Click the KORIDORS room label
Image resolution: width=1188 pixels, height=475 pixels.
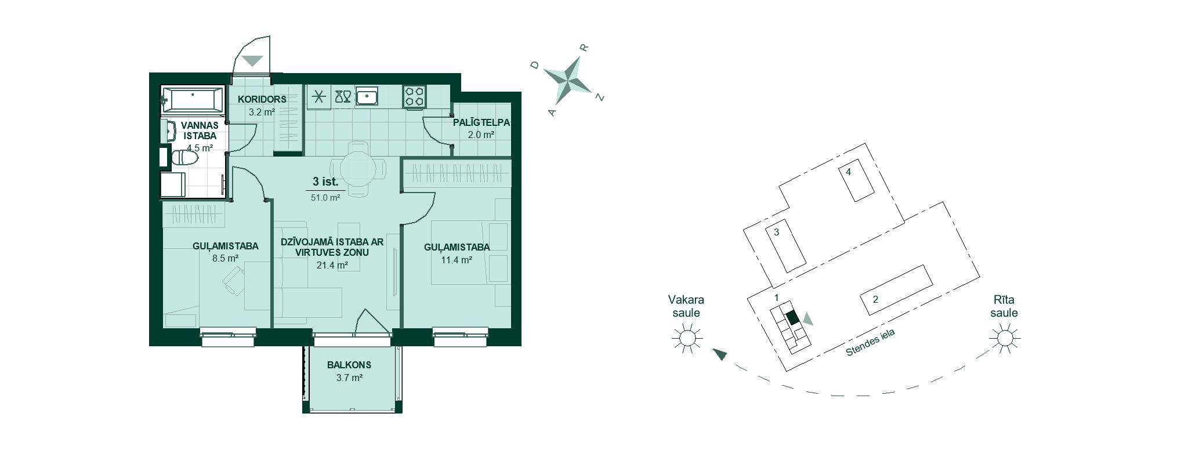point(262,99)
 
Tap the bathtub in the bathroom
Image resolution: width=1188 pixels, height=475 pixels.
point(192,100)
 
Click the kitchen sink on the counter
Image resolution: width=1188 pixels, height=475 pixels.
point(367,97)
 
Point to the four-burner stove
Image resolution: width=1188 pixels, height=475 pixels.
point(415,96)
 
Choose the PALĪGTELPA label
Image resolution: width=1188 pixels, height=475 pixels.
point(481,122)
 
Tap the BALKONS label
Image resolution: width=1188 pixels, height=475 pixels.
point(349,365)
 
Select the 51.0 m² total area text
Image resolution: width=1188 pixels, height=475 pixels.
point(325,197)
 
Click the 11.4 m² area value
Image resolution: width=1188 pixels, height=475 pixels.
point(457,260)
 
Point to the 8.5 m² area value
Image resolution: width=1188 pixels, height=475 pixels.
point(226,259)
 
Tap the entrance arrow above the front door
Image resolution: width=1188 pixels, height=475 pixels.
point(252,60)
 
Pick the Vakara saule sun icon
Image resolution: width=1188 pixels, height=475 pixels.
point(687,338)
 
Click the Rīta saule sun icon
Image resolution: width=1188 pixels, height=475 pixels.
point(1005,338)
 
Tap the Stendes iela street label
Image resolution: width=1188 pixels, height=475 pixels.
point(870,343)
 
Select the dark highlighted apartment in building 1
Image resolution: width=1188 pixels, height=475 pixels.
point(792,318)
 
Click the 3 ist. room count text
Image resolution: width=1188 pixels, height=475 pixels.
point(325,182)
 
